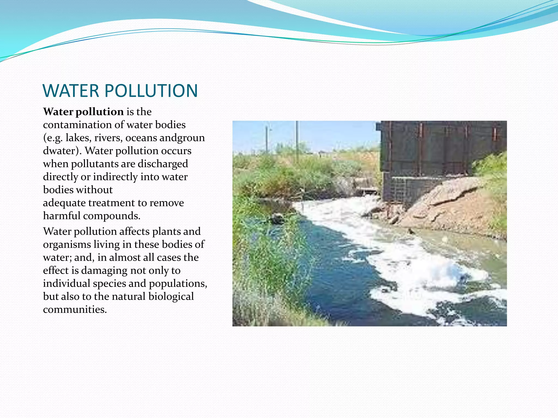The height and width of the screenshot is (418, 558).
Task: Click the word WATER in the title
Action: (x=71, y=91)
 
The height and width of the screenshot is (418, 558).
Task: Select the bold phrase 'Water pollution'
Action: (x=83, y=112)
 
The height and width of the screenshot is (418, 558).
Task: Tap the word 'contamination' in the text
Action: (x=77, y=125)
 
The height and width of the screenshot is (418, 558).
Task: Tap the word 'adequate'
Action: (x=64, y=203)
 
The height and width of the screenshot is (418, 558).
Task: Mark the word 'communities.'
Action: (x=75, y=309)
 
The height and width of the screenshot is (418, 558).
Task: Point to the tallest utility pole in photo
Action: (x=297, y=142)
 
